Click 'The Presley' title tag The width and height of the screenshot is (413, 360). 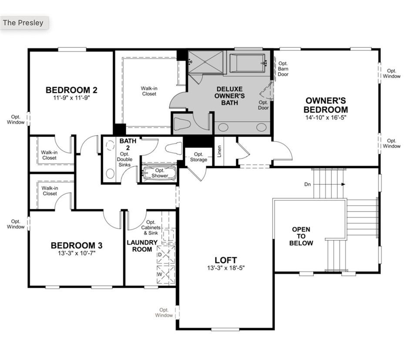click(24, 23)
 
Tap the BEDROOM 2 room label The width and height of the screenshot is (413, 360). click(71, 90)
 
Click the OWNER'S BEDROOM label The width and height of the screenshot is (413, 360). click(326, 105)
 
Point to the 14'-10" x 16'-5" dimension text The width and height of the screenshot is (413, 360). click(326, 117)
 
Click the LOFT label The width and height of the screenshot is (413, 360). click(226, 260)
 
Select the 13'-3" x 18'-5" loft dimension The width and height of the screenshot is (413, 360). click(226, 268)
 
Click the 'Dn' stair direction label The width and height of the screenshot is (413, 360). click(308, 184)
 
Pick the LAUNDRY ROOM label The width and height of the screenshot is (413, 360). click(142, 246)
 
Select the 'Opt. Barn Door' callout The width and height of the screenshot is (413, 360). click(283, 69)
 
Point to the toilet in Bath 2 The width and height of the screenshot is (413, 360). click(173, 148)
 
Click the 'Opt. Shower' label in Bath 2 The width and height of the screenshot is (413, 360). click(160, 173)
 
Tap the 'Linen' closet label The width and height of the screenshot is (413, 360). click(219, 151)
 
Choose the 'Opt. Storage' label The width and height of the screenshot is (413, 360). click(198, 157)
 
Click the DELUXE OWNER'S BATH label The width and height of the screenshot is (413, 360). click(230, 95)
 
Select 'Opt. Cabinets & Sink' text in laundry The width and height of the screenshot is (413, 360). click(151, 227)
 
